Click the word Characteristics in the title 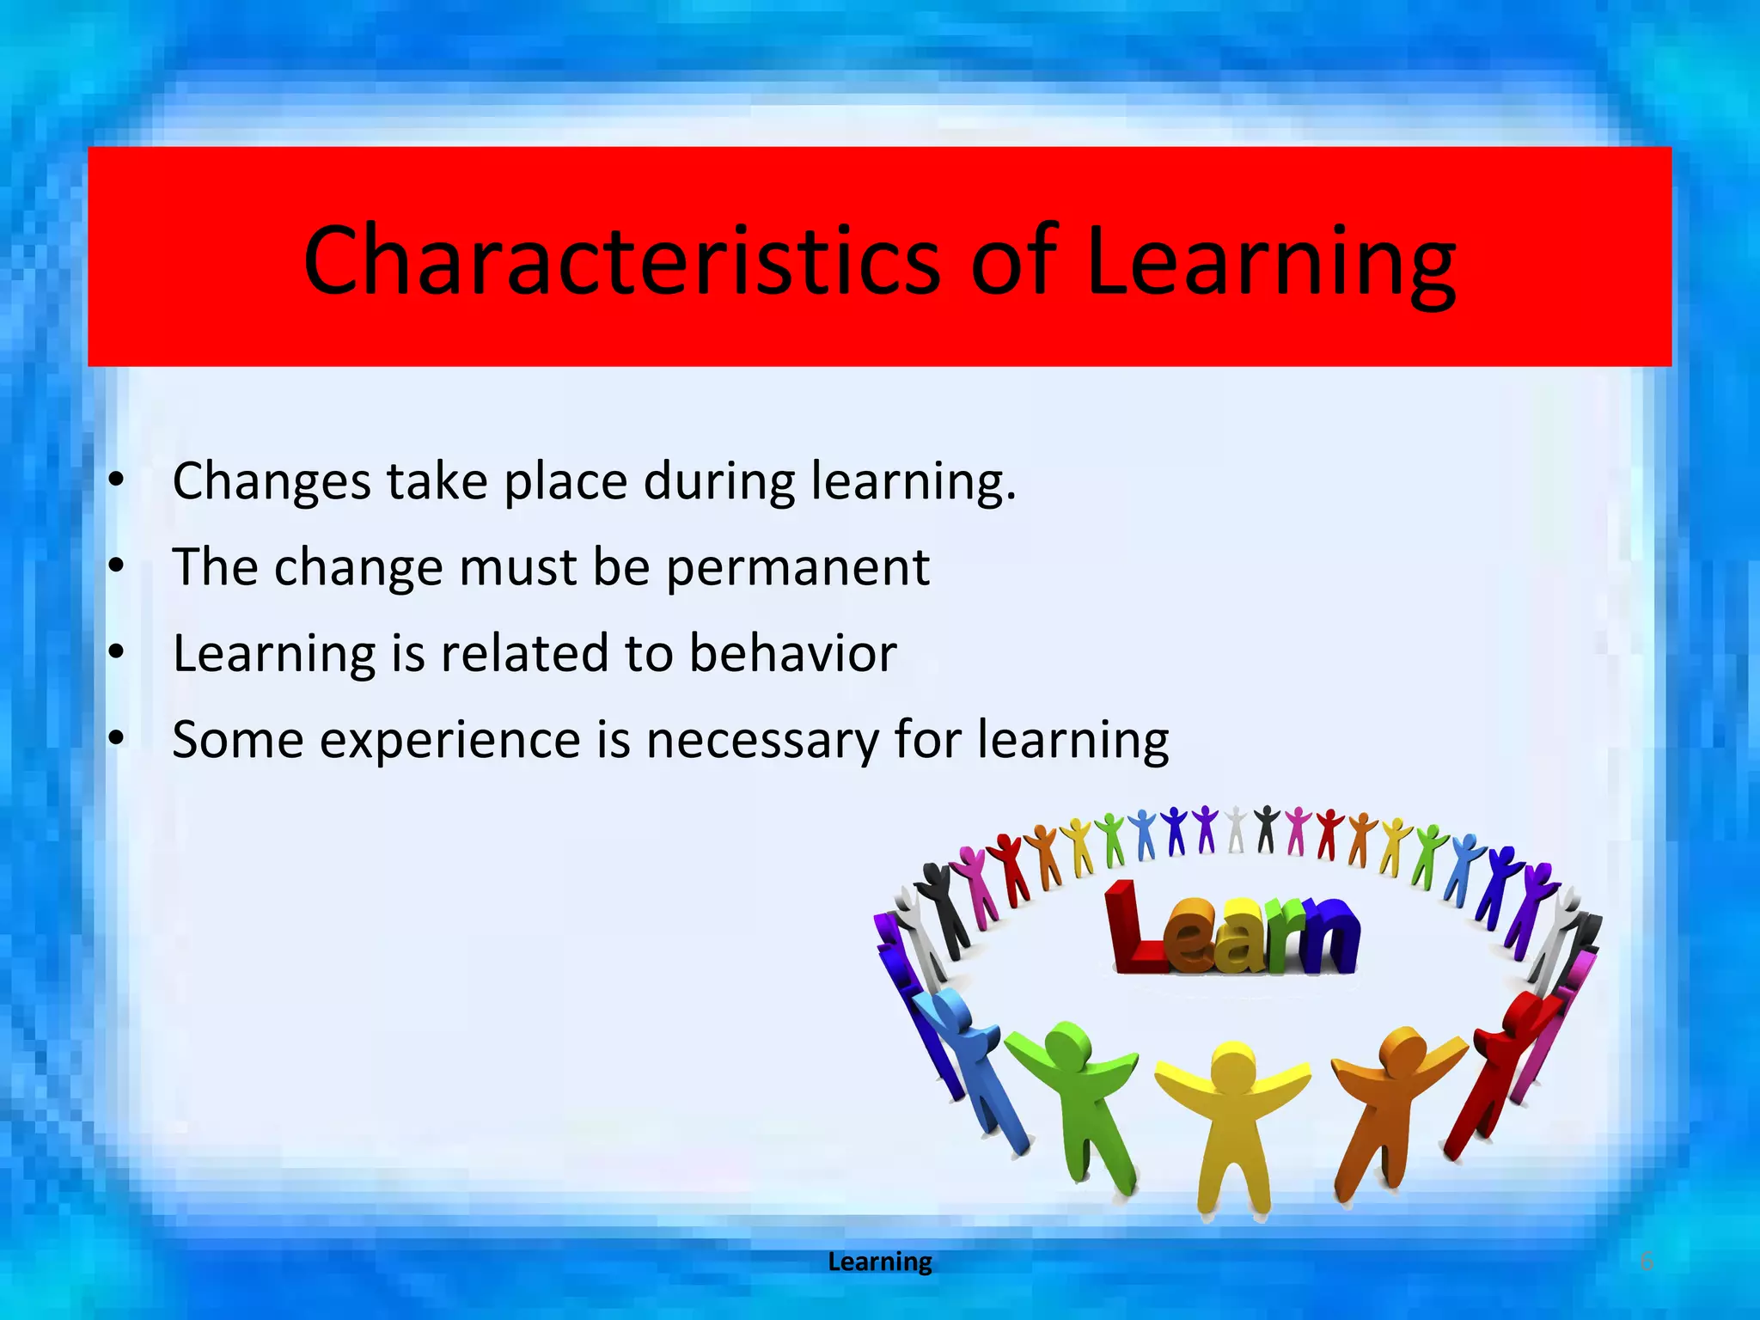(x=622, y=260)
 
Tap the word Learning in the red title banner (x=1270, y=260)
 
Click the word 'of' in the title (x=1013, y=260)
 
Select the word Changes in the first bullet (x=271, y=481)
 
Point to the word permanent (x=797, y=567)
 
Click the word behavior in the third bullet (x=792, y=653)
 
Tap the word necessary (x=762, y=740)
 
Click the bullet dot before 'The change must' (x=117, y=567)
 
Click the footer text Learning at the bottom (x=879, y=1262)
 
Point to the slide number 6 (x=1647, y=1262)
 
